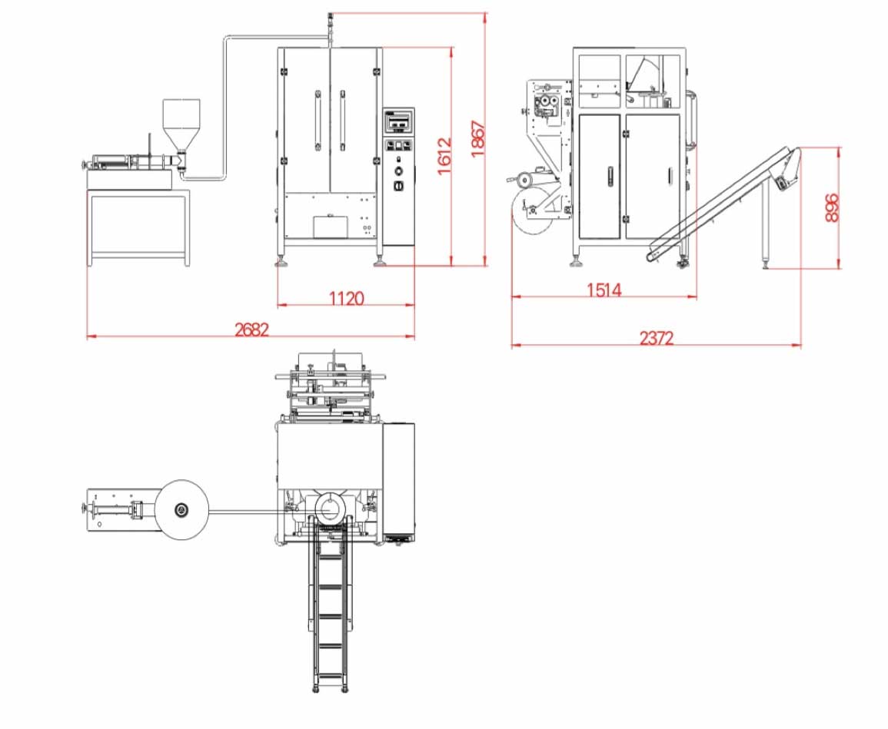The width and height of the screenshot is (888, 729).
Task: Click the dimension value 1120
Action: pos(346,298)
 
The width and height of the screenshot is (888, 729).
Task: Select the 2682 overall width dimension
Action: pos(251,329)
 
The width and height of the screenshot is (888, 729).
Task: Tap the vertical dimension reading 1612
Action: pos(444,156)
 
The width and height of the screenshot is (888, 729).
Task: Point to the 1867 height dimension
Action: pos(477,139)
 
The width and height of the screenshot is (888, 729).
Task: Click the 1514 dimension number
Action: pos(604,290)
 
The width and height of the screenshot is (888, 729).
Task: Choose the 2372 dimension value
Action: pos(657,338)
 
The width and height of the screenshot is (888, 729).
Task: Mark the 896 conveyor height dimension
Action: pos(831,207)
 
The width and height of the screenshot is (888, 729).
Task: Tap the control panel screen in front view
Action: pos(399,121)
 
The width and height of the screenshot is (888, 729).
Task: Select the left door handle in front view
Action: pos(318,120)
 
